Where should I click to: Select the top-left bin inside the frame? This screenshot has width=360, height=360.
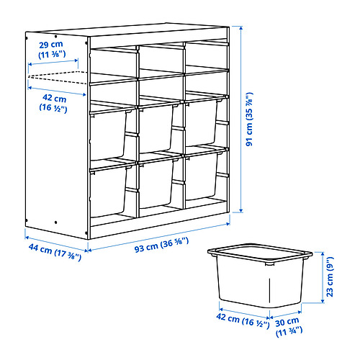pos(112,133)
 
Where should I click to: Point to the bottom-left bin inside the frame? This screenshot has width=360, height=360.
pos(110,190)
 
